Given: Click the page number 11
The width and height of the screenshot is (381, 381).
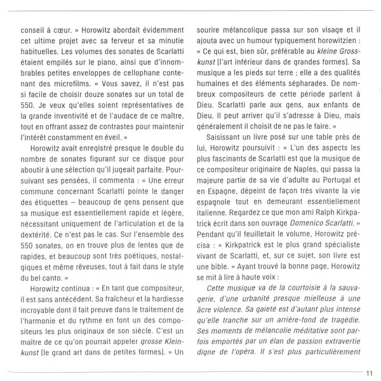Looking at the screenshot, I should (x=368, y=373).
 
